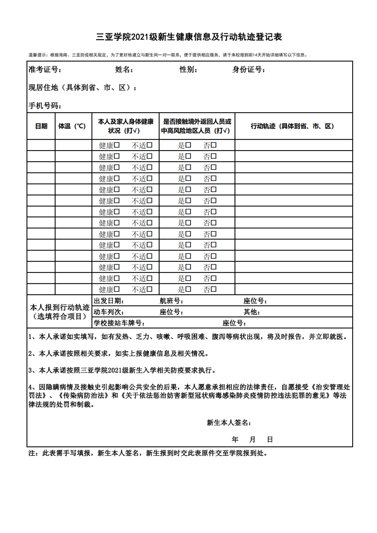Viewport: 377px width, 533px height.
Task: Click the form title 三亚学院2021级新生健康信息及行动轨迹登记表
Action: (189, 37)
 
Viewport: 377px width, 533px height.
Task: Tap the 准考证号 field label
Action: (45, 69)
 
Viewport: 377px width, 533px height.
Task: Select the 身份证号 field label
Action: (249, 69)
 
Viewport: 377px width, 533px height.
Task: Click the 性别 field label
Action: (188, 69)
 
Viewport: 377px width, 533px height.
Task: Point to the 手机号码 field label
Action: (45, 105)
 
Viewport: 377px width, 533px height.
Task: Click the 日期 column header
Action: (41, 126)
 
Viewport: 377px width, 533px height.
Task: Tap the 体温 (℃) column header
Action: (72, 126)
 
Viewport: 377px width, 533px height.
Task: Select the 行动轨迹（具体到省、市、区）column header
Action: (292, 126)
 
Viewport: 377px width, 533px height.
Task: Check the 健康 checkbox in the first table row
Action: (117, 145)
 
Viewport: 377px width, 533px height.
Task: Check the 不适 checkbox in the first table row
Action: (150, 145)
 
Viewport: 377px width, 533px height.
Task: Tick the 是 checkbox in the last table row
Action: (188, 289)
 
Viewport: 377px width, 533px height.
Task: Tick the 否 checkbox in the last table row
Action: (214, 289)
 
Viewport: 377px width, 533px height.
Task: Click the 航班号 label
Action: (171, 301)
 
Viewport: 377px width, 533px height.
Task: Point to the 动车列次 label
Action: (108, 312)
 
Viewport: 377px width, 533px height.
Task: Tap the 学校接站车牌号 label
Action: (119, 323)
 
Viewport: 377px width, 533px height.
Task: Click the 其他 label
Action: (251, 312)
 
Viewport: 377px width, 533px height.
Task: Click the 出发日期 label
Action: (109, 301)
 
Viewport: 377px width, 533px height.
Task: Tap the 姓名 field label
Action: (124, 69)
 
